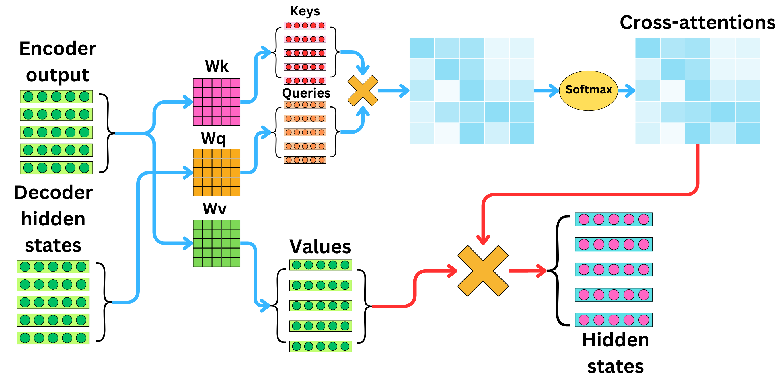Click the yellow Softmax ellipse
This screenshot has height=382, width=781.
click(x=588, y=90)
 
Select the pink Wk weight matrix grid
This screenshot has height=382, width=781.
click(x=217, y=102)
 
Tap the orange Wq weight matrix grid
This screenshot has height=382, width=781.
click(x=217, y=173)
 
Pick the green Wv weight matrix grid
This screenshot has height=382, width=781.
click(x=217, y=243)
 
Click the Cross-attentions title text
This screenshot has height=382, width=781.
click(x=697, y=23)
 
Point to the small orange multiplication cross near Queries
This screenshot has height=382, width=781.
click(x=363, y=91)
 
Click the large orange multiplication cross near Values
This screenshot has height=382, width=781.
click(x=483, y=270)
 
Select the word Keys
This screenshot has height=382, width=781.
click(x=305, y=11)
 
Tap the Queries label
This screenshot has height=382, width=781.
click(x=306, y=93)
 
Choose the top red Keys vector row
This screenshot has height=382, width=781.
click(x=305, y=26)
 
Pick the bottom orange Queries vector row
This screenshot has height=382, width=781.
click(x=305, y=160)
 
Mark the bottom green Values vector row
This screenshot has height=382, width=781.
click(x=320, y=346)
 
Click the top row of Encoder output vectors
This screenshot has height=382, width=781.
click(x=57, y=96)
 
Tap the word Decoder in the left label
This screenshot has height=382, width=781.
click(x=53, y=192)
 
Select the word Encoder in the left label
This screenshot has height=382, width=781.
click(x=58, y=48)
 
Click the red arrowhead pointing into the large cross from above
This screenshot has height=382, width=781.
click(x=483, y=240)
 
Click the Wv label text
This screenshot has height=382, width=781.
click(x=214, y=208)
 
